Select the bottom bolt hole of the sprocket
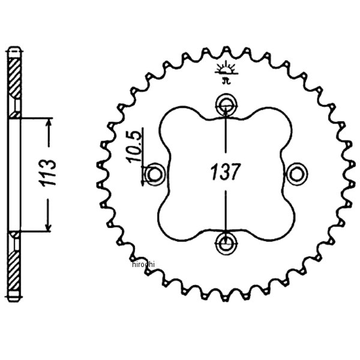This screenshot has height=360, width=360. (226, 243)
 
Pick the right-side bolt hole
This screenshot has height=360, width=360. (296, 173)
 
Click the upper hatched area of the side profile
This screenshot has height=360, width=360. (14, 78)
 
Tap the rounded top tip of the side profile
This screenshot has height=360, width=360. (14, 47)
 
